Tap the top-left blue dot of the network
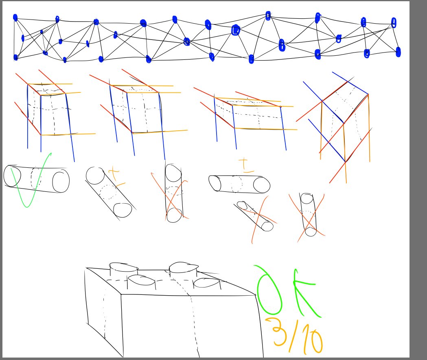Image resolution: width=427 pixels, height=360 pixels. [x=15, y=18]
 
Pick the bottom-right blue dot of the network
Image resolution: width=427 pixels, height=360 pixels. [x=398, y=52]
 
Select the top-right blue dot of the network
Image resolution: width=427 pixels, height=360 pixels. [x=394, y=23]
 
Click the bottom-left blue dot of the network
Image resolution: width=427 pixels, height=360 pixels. [x=15, y=57]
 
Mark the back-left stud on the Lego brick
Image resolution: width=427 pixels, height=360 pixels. [x=123, y=267]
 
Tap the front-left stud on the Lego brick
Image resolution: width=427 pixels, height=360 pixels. [x=141, y=281]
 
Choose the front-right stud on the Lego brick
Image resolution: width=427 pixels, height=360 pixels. [x=207, y=283]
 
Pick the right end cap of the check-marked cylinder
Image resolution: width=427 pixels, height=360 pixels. [x=61, y=182]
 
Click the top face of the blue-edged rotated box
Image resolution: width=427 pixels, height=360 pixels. [x=345, y=102]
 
